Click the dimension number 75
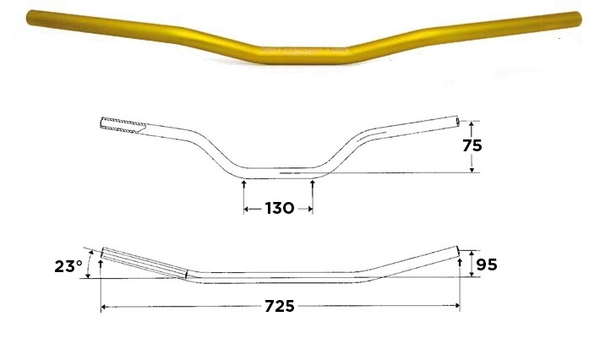[472, 145]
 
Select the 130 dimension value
[279, 208]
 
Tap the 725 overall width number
[280, 306]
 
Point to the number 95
[487, 265]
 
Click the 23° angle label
[68, 266]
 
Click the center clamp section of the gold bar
[304, 55]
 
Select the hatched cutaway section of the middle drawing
[123, 125]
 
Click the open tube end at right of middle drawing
[457, 121]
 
